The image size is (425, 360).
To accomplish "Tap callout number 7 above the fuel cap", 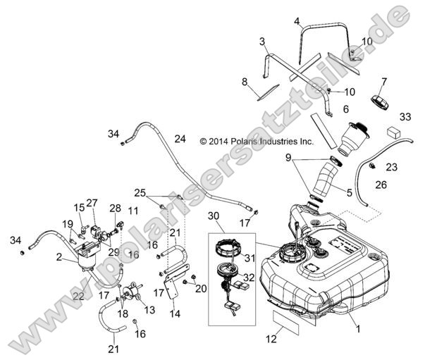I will pos(384,81).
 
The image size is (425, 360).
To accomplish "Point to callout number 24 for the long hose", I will pos(180,139).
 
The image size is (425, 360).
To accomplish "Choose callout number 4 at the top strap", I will pos(297,20).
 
